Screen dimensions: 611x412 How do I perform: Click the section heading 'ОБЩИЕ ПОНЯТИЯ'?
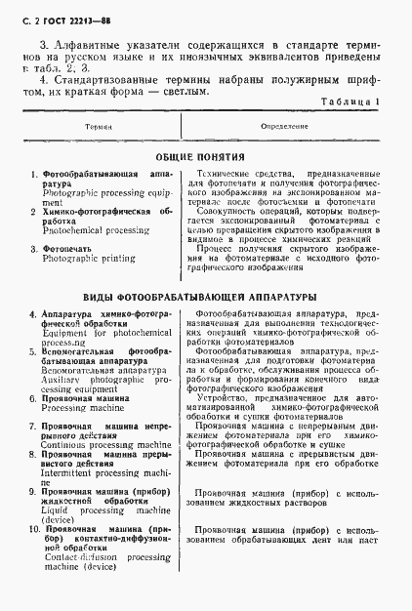pos(206,156)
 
